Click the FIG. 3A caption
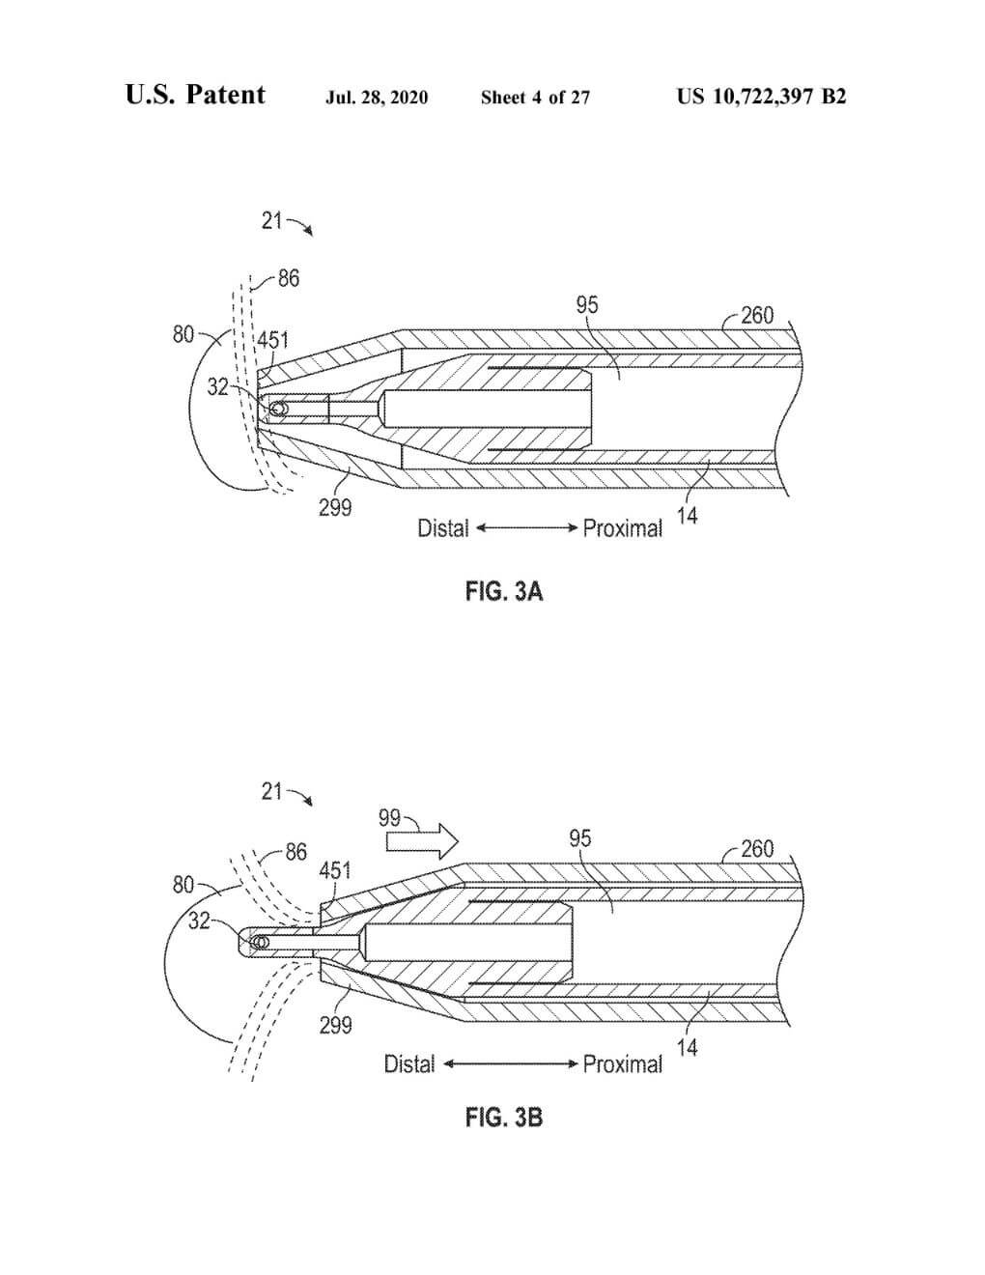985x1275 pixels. pyautogui.click(x=504, y=591)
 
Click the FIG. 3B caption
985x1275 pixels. pyautogui.click(x=504, y=1118)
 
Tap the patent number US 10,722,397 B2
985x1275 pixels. pyautogui.click(x=761, y=97)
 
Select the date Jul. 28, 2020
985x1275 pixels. pyautogui.click(x=377, y=97)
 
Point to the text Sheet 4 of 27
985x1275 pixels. pyautogui.click(x=535, y=97)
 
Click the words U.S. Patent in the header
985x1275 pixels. pyautogui.click(x=195, y=95)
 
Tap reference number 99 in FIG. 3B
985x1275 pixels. pyautogui.click(x=389, y=817)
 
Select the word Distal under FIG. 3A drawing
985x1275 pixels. pyautogui.click(x=442, y=529)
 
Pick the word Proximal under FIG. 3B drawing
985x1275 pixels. pyautogui.click(x=623, y=1064)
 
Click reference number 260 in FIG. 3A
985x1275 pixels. pyautogui.click(x=757, y=316)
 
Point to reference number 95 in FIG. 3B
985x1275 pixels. pyautogui.click(x=579, y=838)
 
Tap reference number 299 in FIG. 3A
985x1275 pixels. pyautogui.click(x=335, y=508)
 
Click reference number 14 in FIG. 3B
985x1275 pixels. pyautogui.click(x=687, y=1047)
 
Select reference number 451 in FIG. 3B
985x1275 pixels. pyautogui.click(x=335, y=870)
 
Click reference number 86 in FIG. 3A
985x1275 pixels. pyautogui.click(x=288, y=279)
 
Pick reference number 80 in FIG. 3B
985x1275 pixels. pyautogui.click(x=183, y=885)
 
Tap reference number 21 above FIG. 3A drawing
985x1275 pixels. pyautogui.click(x=271, y=221)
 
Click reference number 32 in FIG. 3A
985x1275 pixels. pyautogui.click(x=217, y=387)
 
